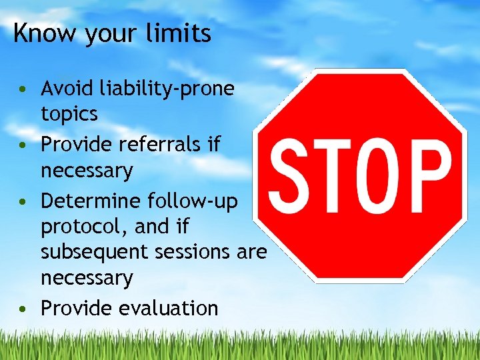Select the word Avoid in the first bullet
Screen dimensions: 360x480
[x=67, y=88]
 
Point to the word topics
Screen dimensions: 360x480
[x=69, y=115]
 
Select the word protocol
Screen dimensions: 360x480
[x=84, y=227]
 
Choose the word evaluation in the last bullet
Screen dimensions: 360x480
[x=168, y=308]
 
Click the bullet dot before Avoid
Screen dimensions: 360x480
[x=24, y=89]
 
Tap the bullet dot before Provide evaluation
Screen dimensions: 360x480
[x=24, y=309]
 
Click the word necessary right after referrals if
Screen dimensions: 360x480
[x=87, y=171]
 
